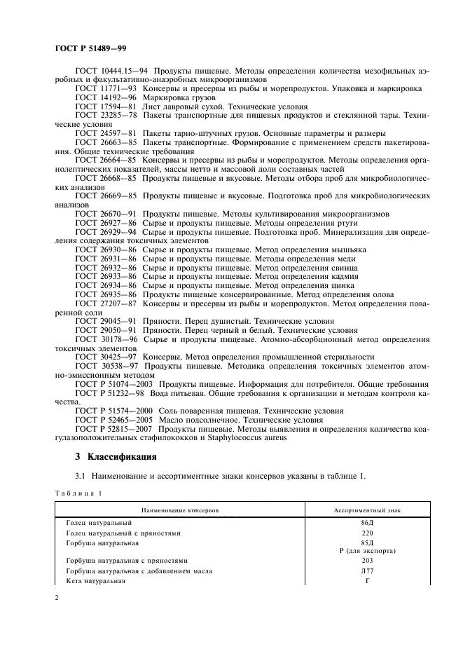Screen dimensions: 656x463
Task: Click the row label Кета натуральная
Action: [95, 580]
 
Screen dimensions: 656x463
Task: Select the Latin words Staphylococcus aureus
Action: [247, 438]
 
